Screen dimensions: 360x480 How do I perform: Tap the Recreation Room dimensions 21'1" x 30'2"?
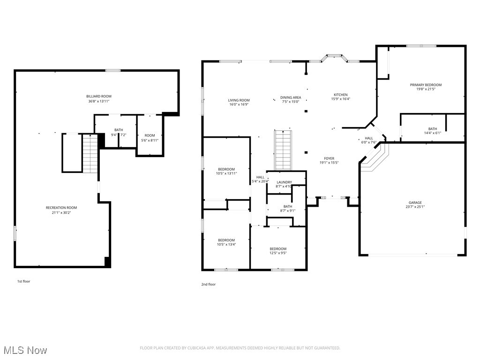(61, 212)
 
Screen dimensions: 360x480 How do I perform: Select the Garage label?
(415, 202)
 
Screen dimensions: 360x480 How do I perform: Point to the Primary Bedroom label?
(426, 85)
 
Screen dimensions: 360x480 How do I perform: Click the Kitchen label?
(341, 95)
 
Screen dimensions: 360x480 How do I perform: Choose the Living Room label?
(239, 100)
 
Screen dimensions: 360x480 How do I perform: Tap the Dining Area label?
(291, 97)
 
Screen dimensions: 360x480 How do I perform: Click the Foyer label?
(329, 158)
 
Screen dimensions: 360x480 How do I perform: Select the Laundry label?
(284, 182)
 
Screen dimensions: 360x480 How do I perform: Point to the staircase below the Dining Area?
(283, 150)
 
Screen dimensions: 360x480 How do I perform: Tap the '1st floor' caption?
(23, 281)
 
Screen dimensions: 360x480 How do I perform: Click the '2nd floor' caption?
(209, 284)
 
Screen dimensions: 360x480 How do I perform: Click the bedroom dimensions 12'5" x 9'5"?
(278, 253)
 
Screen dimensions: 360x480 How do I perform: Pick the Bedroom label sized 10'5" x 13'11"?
(226, 169)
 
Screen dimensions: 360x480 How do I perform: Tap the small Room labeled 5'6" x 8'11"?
(150, 135)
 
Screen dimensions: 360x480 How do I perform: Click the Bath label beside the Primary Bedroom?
(432, 129)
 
